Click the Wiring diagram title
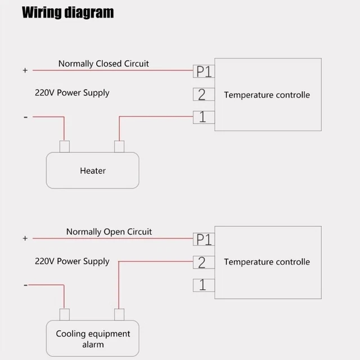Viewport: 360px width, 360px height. (x=67, y=12)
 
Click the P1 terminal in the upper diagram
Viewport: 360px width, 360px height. (x=203, y=71)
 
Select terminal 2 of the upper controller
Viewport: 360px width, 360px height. (x=203, y=94)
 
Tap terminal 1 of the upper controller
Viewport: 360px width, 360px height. (x=203, y=117)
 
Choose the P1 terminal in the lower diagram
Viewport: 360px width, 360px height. (x=203, y=239)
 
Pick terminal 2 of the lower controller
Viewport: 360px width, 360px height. (x=203, y=262)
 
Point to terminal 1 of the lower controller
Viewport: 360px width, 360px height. (x=203, y=285)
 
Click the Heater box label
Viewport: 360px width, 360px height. (x=92, y=170)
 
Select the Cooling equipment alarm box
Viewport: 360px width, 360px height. (x=92, y=339)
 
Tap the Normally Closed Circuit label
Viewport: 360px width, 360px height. (x=103, y=64)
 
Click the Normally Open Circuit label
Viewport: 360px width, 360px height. (x=109, y=232)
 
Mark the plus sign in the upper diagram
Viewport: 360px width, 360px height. (x=25, y=71)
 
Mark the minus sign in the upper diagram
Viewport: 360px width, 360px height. (x=25, y=117)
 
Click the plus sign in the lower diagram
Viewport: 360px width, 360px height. (x=25, y=238)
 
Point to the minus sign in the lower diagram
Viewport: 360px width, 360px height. (x=25, y=285)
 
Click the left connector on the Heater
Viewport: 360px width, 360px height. (x=65, y=147)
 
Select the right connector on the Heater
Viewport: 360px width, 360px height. (x=119, y=147)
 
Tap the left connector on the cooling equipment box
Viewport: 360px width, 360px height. (x=65, y=314)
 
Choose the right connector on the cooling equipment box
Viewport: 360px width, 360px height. (x=119, y=314)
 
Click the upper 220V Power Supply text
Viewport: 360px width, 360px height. (x=72, y=93)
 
